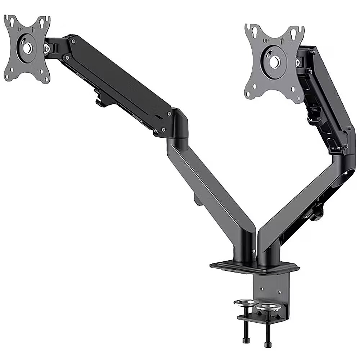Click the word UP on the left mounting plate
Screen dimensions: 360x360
21,30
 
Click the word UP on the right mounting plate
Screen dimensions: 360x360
266,41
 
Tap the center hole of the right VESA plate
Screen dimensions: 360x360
274,62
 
